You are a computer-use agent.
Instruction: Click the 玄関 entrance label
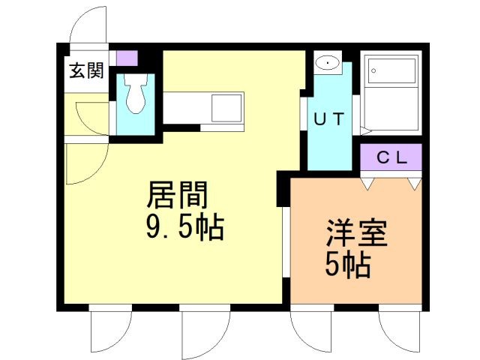(87, 70)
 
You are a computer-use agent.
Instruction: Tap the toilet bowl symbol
(135, 93)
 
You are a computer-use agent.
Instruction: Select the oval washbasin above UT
(328, 63)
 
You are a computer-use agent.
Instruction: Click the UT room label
(329, 119)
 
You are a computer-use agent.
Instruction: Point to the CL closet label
(391, 157)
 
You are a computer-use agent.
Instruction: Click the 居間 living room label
(178, 195)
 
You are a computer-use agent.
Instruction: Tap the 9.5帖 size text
(185, 226)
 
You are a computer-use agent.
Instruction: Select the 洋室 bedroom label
(356, 233)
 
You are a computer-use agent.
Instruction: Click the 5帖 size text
(348, 265)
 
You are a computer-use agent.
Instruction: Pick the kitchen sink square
(226, 108)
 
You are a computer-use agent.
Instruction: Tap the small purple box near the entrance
(127, 58)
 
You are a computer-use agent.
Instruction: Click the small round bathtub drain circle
(373, 71)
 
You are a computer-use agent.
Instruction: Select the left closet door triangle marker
(367, 184)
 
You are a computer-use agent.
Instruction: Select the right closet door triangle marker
(415, 184)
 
